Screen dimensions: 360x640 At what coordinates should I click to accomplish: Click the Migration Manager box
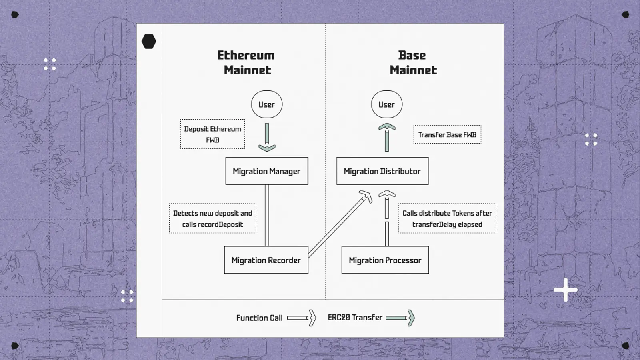[266, 171]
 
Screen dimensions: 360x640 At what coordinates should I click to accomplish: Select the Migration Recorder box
[266, 260]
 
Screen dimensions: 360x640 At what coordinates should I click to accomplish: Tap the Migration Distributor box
[382, 171]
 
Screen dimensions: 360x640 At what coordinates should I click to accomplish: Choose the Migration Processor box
[385, 260]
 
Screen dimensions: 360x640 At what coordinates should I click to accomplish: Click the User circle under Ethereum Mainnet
[266, 104]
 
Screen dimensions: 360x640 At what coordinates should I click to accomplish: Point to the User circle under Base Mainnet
[386, 104]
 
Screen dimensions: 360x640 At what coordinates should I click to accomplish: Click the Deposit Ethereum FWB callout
[212, 134]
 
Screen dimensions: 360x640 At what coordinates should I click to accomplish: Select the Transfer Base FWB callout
[447, 134]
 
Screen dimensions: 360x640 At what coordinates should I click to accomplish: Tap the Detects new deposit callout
[212, 218]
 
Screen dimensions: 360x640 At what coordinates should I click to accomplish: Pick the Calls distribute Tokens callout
[447, 218]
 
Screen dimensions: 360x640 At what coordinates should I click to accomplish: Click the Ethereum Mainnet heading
[246, 63]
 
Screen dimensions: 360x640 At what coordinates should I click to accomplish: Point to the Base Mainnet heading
[413, 63]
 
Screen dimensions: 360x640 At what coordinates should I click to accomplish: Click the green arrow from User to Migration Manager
[267, 137]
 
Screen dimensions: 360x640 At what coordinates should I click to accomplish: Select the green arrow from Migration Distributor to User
[387, 137]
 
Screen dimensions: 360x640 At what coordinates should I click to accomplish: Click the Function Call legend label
[259, 318]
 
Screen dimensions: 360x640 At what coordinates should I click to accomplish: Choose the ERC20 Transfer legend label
[355, 318]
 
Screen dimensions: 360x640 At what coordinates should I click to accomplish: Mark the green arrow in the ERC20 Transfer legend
[400, 318]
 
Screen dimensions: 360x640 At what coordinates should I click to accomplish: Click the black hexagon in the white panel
[149, 41]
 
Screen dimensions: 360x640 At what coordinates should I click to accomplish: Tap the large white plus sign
[566, 290]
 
